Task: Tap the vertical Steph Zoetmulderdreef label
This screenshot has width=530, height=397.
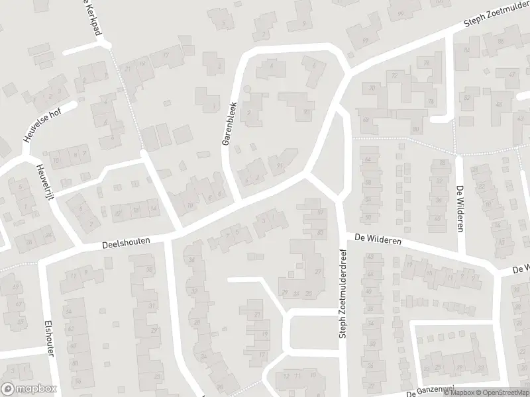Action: (343, 294)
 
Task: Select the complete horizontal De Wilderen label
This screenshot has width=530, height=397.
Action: (378, 238)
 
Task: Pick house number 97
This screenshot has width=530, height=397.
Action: (366, 40)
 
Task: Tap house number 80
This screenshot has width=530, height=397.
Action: (415, 129)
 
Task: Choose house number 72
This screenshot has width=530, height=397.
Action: (395, 75)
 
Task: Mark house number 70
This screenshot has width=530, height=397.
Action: (372, 88)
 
